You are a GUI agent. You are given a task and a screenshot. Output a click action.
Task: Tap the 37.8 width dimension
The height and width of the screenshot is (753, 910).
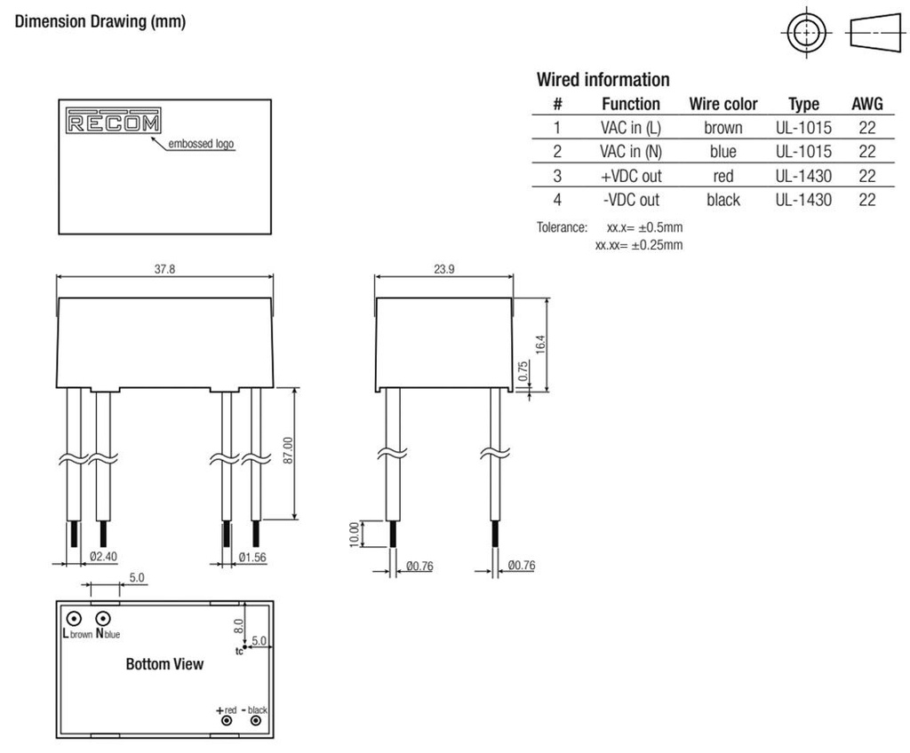(x=164, y=269)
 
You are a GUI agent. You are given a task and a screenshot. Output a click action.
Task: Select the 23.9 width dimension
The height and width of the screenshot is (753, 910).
(x=444, y=269)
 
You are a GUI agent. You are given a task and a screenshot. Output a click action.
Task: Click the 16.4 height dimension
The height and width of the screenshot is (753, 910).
(x=539, y=344)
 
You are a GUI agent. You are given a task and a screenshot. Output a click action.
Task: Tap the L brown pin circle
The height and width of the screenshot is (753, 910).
(x=74, y=618)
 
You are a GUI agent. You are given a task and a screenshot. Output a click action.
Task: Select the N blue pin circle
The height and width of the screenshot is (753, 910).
(x=104, y=618)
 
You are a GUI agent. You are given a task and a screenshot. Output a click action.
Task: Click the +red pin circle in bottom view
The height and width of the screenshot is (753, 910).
(x=227, y=721)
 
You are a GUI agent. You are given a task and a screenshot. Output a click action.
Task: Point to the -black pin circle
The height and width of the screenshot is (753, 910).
(x=258, y=721)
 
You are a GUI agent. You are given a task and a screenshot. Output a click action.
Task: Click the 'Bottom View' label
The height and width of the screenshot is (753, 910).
(x=164, y=664)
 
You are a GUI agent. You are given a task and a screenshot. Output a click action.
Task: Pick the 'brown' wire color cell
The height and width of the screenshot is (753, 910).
(x=722, y=128)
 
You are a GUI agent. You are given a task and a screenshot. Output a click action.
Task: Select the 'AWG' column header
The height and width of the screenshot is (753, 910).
(x=866, y=104)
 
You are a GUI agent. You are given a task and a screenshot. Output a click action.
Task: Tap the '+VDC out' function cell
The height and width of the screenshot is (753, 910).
(x=631, y=176)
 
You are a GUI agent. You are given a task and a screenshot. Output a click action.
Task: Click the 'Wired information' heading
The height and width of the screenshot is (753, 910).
(x=603, y=80)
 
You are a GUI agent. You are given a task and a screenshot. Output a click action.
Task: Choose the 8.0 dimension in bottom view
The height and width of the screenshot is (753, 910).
(x=237, y=624)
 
